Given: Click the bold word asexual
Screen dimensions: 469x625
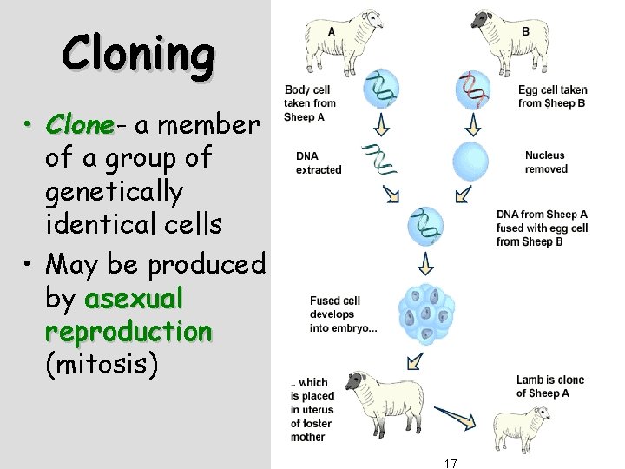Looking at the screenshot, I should pyautogui.click(x=135, y=299).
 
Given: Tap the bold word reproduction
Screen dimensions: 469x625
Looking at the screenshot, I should pyautogui.click(x=128, y=332).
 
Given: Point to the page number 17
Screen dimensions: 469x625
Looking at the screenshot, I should pyautogui.click(x=450, y=462).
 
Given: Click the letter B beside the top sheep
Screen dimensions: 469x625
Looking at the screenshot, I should pyautogui.click(x=525, y=30).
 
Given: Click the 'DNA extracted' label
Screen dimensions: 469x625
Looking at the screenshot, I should pyautogui.click(x=319, y=162).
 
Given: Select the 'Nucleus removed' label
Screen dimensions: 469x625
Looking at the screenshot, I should pyautogui.click(x=546, y=162).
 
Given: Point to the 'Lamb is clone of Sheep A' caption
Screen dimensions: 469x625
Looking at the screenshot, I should pyautogui.click(x=549, y=386).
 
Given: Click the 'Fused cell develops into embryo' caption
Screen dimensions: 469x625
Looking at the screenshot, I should pyautogui.click(x=344, y=314).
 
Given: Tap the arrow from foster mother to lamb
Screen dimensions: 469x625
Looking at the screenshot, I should pyautogui.click(x=457, y=419).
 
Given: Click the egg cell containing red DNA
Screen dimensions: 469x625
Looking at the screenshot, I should pyautogui.click(x=472, y=86).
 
